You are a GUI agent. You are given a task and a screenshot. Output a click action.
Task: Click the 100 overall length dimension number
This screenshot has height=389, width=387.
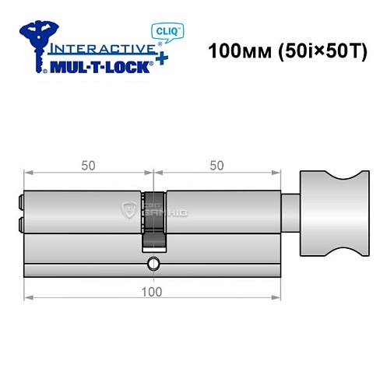pyautogui.click(x=153, y=291)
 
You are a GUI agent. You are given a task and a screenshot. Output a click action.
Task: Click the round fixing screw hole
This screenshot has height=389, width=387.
pyautogui.click(x=153, y=262)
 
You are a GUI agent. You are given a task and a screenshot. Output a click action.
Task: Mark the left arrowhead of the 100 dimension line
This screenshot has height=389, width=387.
pyautogui.click(x=28, y=297)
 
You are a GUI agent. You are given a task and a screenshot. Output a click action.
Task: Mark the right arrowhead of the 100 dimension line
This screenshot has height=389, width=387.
pyautogui.click(x=277, y=297)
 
